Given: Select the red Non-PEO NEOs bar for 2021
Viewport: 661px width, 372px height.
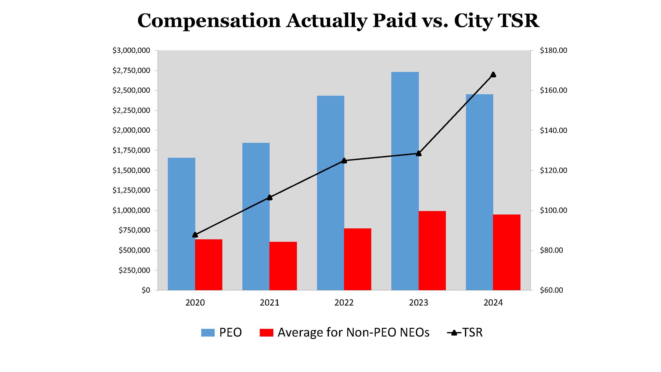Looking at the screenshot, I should click(x=283, y=266).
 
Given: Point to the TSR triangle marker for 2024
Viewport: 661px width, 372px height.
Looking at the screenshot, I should click(x=493, y=75).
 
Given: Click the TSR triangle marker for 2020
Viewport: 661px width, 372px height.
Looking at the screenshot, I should click(x=195, y=235).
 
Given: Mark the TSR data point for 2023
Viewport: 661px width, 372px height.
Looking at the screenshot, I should click(x=419, y=154).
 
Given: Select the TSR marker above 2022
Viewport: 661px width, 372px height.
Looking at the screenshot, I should click(x=344, y=160).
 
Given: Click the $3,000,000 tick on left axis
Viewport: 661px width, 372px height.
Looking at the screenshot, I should click(x=131, y=50).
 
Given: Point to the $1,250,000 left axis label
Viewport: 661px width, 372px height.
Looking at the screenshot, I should click(x=131, y=190).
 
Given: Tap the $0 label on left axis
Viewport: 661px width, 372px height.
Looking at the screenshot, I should click(x=146, y=290).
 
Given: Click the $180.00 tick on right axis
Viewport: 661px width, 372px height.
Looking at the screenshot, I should click(x=553, y=50).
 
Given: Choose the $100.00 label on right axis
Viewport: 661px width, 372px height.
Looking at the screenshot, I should click(x=553, y=210).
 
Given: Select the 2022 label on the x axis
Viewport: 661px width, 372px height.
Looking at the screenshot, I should click(x=344, y=303).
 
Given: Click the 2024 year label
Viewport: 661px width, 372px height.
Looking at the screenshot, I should click(x=493, y=303).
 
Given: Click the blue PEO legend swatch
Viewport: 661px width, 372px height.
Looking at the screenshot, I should click(x=208, y=333).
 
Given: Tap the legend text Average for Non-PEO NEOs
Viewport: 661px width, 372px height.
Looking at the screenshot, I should click(x=353, y=333).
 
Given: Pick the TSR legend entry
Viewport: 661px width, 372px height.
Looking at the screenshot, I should click(x=465, y=333).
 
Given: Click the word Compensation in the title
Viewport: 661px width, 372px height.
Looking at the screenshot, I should click(x=209, y=21).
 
